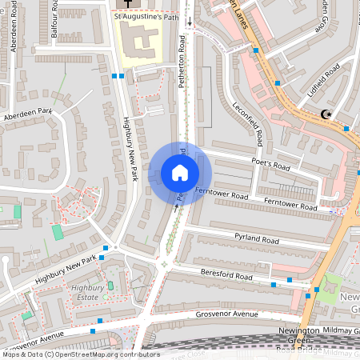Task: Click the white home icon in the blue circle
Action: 180,173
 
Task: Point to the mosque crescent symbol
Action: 326,115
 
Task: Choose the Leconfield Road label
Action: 248,124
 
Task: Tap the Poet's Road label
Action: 270,165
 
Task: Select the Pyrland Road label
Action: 256,239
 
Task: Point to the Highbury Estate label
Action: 89,292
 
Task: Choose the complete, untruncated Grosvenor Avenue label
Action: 222,314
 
